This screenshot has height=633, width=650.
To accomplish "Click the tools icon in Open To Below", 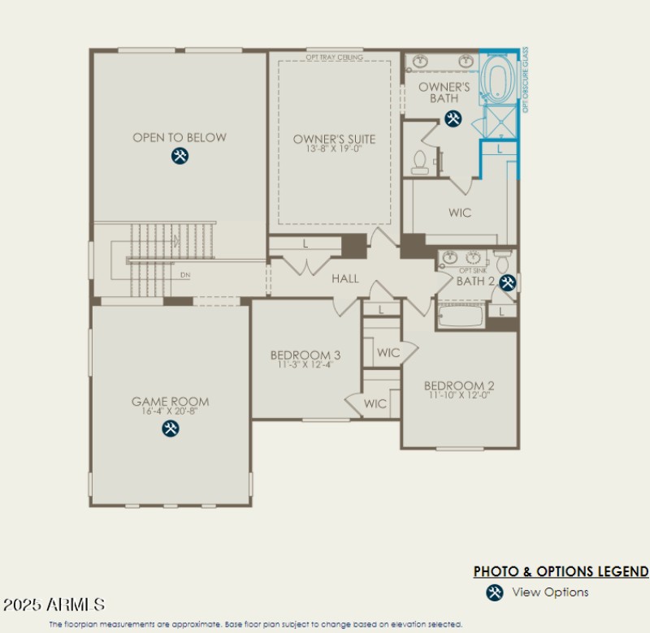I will coord(180,156).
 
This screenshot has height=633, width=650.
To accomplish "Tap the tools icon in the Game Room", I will coord(170,428).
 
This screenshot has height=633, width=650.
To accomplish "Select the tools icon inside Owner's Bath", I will coord(453,119).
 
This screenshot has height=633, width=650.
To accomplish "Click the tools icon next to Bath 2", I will coord(508,282).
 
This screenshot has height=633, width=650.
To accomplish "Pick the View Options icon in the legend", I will coord(495,592).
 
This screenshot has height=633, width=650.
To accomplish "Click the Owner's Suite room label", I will coord(334,140).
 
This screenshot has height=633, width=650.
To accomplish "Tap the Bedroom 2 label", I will coord(459,385).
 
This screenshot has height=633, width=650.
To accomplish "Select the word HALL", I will coord(344,278).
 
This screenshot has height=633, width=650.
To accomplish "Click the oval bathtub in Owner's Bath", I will coord(496,80).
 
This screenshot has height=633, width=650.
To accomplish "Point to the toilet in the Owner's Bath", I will coord(420,161).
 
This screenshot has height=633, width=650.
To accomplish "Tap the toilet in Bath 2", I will coord(502,261).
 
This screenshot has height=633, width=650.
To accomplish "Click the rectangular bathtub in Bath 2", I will coord(461,315).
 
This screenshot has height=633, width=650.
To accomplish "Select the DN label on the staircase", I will coord(186,275).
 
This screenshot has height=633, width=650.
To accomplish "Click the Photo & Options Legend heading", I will coord(561,571).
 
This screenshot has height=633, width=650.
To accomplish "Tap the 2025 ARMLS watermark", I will coord(54,605).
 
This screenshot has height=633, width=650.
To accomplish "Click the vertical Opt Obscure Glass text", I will coord(525,80).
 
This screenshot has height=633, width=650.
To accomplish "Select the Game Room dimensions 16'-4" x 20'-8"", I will coord(170,411).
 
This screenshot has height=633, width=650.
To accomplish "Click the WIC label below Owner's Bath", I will coord(460,213).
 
